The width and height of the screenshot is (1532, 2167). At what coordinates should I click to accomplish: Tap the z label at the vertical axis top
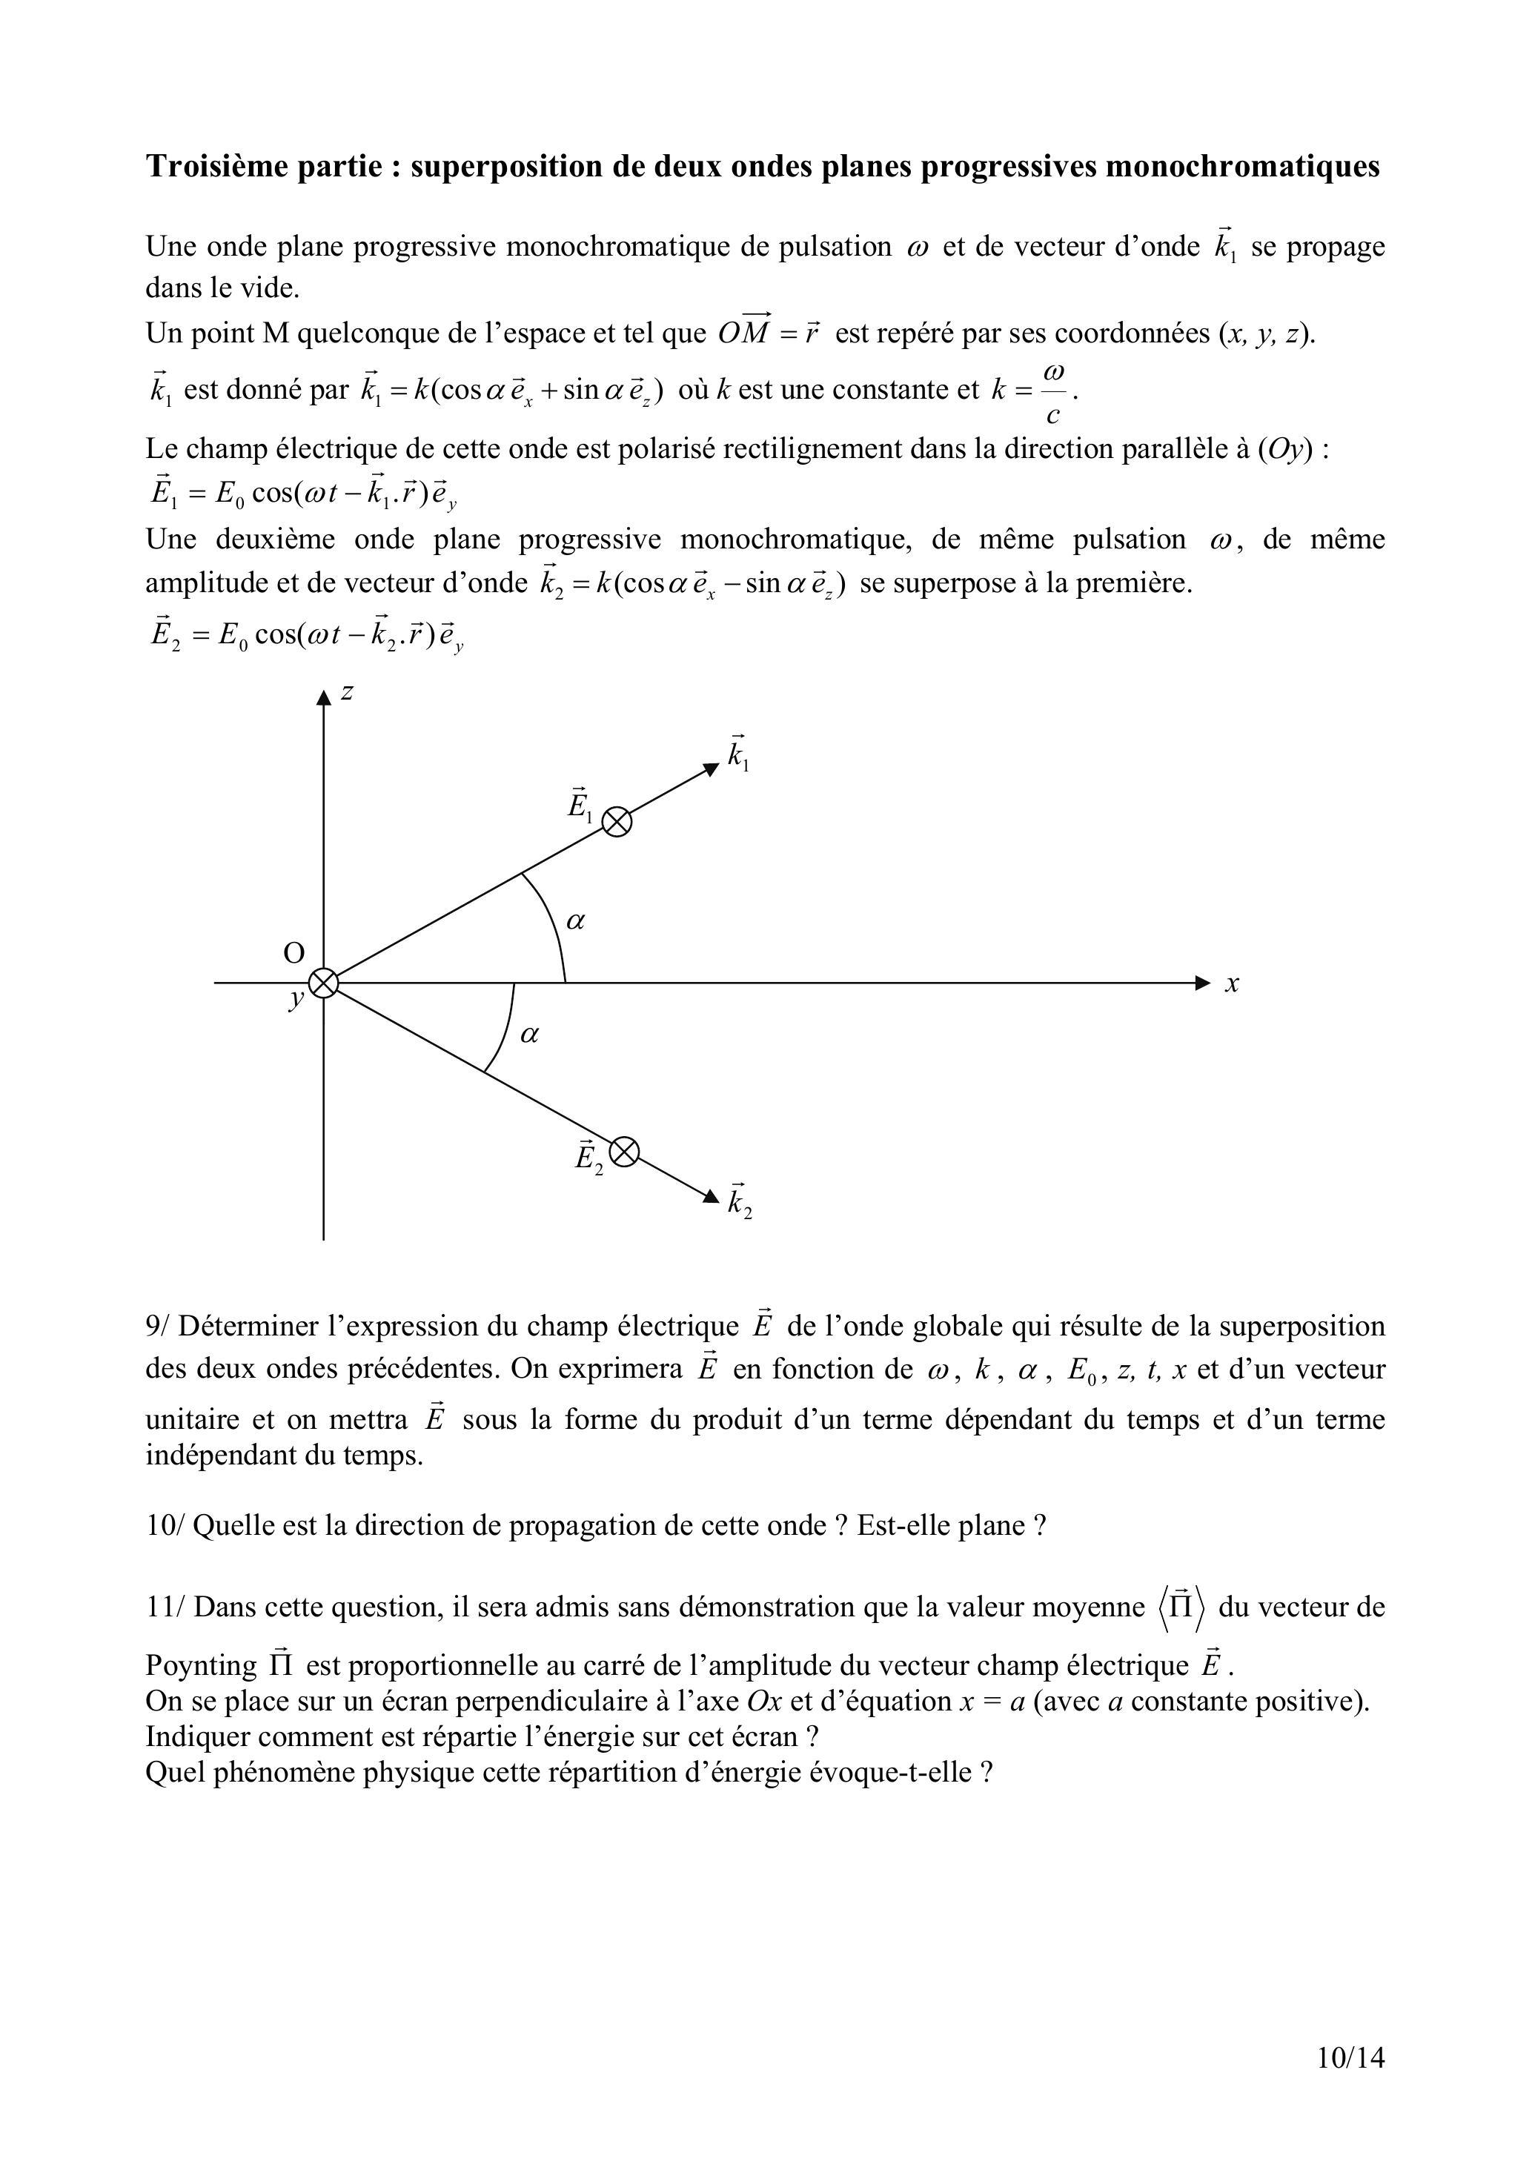(348, 691)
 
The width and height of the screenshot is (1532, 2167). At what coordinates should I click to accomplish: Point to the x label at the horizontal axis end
(1232, 983)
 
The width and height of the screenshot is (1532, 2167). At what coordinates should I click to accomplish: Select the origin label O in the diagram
(294, 953)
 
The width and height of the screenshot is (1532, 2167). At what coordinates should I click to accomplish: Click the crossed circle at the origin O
(324, 983)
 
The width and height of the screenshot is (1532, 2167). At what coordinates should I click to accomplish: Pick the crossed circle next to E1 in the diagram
(617, 822)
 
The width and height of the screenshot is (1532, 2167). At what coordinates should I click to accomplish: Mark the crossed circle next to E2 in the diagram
(624, 1152)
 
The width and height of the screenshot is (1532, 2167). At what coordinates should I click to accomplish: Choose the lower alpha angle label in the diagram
(529, 1035)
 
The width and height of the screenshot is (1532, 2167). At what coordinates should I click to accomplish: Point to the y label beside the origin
(296, 1000)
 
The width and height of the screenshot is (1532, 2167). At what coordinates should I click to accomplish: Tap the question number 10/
(165, 1526)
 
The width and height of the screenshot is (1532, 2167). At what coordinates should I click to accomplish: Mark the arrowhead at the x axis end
(1203, 983)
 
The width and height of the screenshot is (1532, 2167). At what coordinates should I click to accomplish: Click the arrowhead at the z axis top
(324, 697)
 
